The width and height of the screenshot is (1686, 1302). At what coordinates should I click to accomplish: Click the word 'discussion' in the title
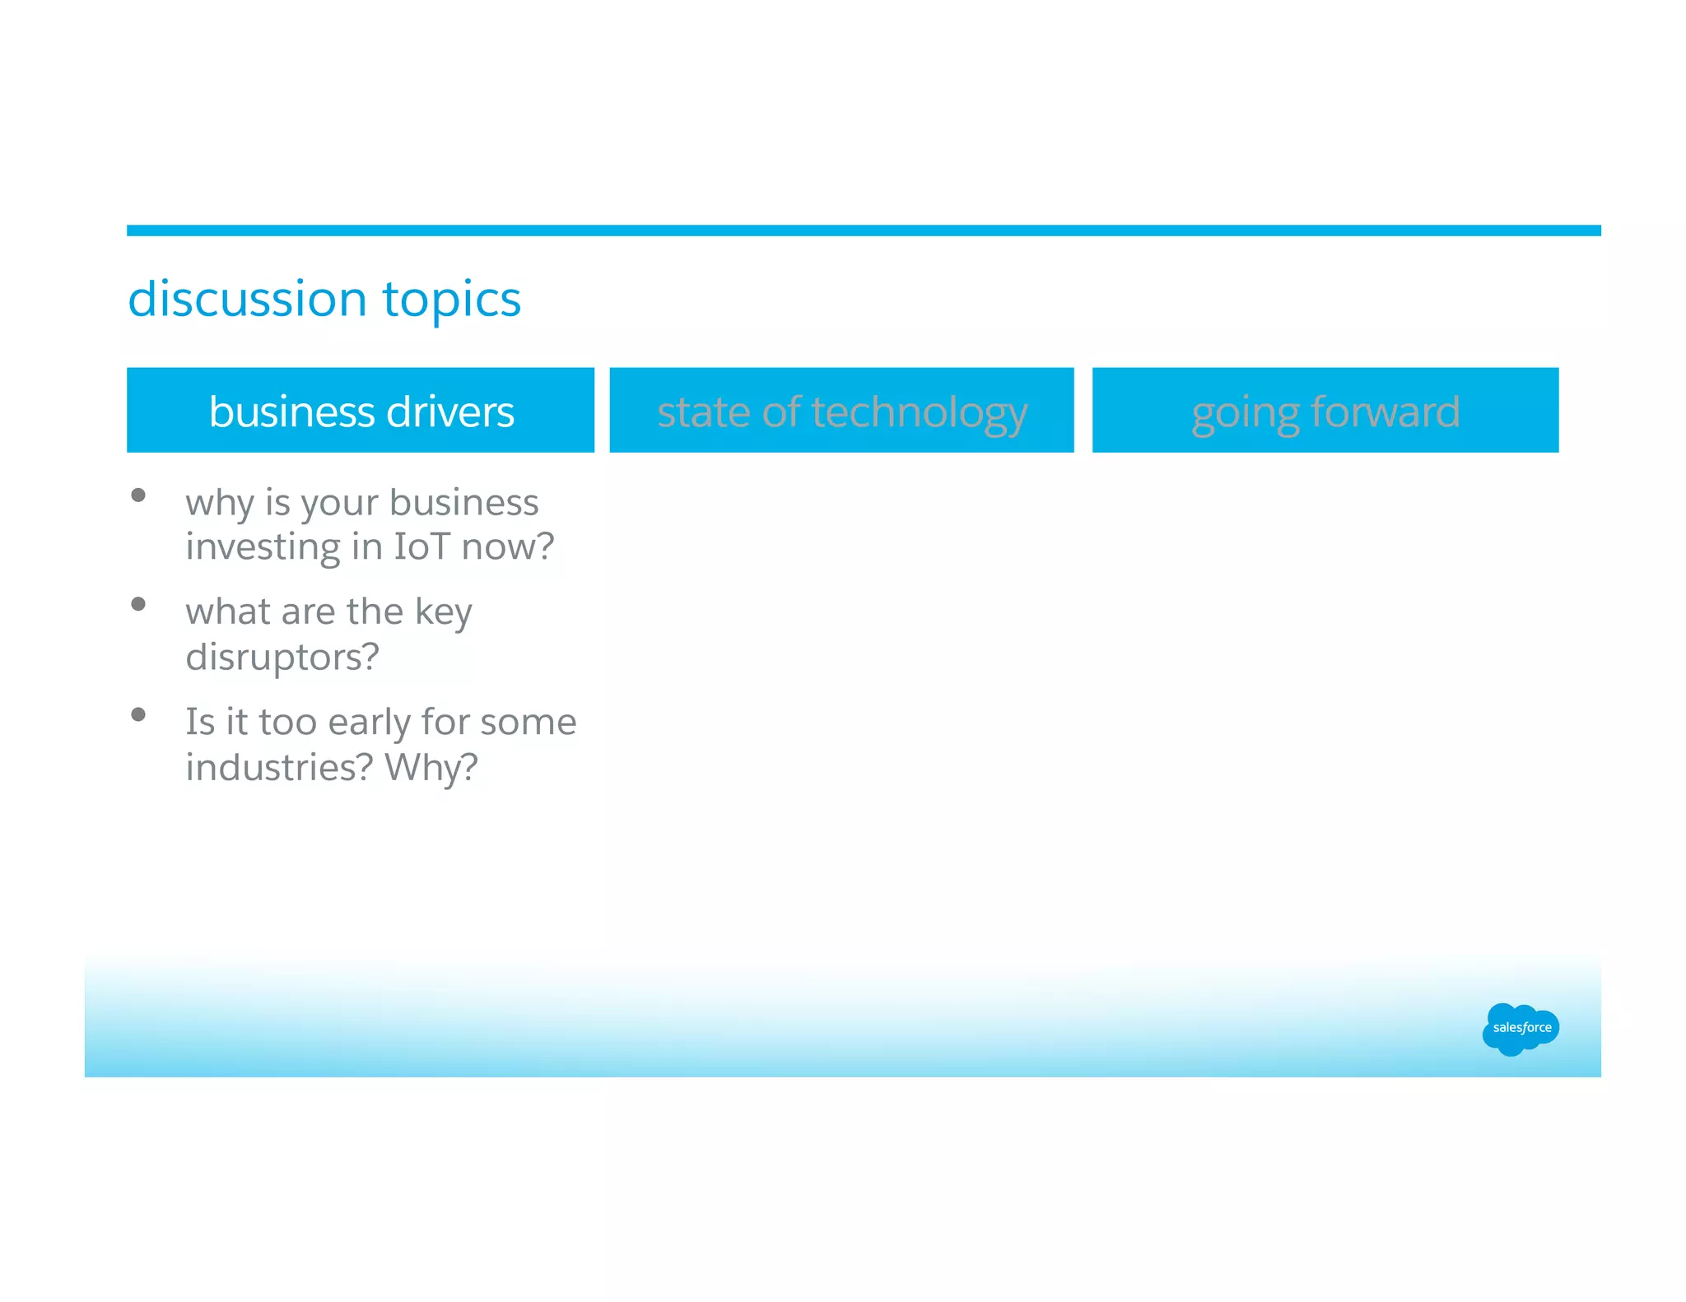(247, 299)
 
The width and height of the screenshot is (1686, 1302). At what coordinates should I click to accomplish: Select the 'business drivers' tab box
(361, 410)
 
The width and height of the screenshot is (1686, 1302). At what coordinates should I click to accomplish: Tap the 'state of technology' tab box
(841, 410)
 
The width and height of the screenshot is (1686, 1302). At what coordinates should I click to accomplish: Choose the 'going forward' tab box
(1325, 410)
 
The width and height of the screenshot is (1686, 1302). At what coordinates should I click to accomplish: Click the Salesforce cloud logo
(1521, 1028)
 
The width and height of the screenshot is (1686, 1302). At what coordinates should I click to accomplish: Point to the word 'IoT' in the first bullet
(422, 546)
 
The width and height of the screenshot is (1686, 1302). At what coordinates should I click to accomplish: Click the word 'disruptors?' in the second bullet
(282, 657)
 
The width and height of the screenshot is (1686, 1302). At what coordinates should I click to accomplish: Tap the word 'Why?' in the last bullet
(431, 767)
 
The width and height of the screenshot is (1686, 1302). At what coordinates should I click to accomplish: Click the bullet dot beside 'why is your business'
(138, 495)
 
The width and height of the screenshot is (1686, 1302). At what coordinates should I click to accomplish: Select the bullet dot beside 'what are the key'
(138, 604)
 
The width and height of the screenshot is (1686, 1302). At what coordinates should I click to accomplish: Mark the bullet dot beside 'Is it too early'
(138, 714)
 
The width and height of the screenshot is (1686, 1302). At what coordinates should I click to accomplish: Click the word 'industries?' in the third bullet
(279, 767)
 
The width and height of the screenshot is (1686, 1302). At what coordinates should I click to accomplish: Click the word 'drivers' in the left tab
(450, 412)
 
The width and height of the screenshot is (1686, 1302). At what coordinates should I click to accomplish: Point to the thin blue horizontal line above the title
(863, 230)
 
